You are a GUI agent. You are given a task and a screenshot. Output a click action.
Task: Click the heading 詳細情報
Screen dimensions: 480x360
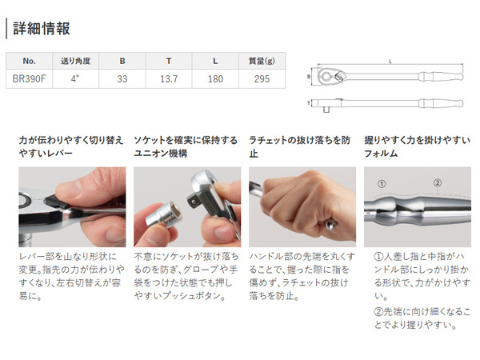[x=42, y=29]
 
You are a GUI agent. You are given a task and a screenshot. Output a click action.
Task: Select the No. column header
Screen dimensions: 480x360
[x=29, y=61]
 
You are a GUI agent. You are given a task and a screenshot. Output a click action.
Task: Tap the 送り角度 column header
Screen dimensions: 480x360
[x=76, y=61]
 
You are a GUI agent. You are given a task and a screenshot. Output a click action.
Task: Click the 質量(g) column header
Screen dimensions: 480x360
[x=262, y=61]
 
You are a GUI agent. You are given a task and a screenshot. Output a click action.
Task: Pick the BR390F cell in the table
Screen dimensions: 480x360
[x=29, y=79]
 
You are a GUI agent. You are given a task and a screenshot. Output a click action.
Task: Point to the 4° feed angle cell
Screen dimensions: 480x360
[x=75, y=78]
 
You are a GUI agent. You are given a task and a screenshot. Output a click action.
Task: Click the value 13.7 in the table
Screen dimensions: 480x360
[x=169, y=79]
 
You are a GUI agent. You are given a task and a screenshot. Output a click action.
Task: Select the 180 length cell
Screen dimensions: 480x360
[x=215, y=79]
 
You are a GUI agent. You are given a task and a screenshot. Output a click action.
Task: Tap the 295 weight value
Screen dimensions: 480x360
[x=262, y=79]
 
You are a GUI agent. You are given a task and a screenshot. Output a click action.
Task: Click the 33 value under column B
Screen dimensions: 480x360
[x=122, y=79]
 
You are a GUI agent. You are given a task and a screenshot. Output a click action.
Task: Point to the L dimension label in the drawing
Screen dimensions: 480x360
[x=390, y=62]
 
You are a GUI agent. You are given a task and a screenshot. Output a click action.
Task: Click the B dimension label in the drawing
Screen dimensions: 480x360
[x=309, y=76]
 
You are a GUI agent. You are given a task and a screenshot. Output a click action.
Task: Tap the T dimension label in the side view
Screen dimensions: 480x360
[x=309, y=103]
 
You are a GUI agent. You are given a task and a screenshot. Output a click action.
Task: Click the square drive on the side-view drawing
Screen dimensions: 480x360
[x=326, y=110]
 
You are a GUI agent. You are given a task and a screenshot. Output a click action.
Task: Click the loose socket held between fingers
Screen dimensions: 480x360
[x=164, y=215]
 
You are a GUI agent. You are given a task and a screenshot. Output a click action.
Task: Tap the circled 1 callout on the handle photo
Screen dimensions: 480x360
[x=382, y=184]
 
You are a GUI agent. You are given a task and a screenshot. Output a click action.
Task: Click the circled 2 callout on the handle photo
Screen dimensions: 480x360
[x=438, y=182]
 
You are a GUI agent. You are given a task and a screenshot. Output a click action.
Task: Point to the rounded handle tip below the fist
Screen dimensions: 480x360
[x=330, y=224]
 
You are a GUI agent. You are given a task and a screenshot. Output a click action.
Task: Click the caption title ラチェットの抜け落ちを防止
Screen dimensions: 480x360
[x=300, y=146]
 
